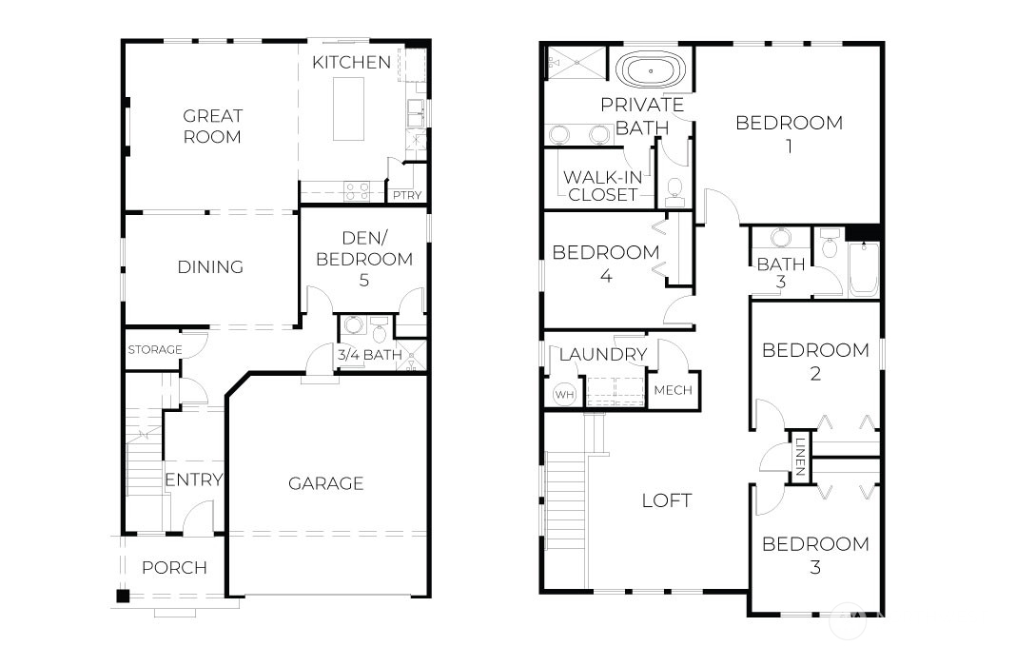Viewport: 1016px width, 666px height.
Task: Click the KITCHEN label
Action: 351,63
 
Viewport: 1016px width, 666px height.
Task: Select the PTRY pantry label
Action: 407,195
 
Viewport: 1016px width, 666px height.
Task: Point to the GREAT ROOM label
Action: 212,126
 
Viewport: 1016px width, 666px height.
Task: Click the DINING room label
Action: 210,267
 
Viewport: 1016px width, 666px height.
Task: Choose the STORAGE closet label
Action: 154,350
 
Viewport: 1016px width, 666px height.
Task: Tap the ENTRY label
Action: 193,480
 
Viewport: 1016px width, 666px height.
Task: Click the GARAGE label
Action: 326,483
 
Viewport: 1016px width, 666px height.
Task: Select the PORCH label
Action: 174,568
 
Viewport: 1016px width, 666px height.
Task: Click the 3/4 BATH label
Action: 369,356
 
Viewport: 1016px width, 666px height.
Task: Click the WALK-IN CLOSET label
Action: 600,186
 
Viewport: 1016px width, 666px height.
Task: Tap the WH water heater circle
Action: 564,394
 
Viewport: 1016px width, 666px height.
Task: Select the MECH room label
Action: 674,391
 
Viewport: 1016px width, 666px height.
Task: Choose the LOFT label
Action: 666,500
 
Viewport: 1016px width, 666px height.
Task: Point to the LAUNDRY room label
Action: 603,355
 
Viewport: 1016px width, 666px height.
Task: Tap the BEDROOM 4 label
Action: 606,264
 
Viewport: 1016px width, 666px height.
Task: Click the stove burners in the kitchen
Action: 357,191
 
